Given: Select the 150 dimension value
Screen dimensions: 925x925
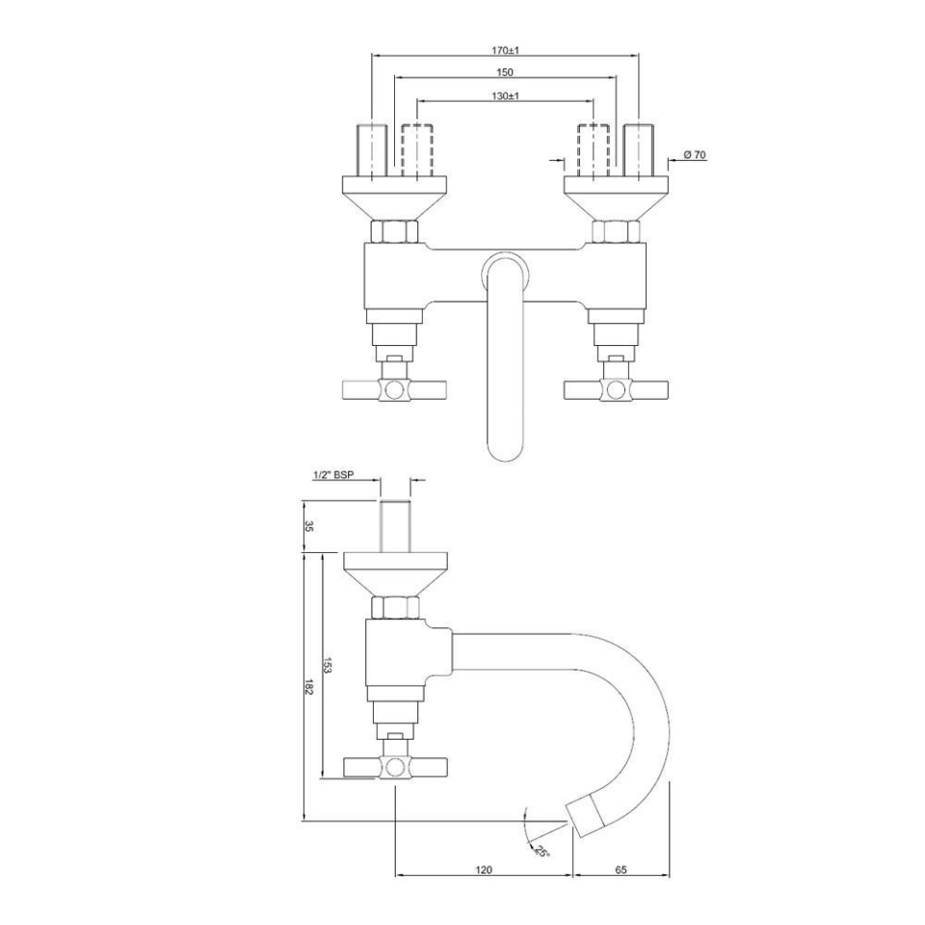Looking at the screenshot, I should tap(505, 72).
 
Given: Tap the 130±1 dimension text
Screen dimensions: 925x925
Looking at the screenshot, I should tap(505, 95).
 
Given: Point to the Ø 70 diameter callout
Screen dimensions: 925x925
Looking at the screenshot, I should tap(695, 154).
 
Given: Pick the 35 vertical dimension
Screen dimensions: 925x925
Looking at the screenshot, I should tap(309, 527).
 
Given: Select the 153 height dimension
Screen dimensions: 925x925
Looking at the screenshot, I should tap(328, 665).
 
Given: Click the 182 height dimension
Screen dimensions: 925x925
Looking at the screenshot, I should tap(309, 686).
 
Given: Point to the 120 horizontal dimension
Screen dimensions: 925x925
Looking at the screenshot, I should tap(484, 869).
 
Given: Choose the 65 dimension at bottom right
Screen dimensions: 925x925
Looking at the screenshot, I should tap(621, 869).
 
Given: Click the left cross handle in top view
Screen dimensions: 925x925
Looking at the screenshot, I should tap(395, 389).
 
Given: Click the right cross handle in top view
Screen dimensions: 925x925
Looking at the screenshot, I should tap(615, 389).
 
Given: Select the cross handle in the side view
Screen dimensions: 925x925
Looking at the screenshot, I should tap(395, 767).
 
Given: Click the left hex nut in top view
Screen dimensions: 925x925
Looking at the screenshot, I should tap(395, 232).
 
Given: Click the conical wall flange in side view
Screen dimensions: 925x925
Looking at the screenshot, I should tap(395, 572).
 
